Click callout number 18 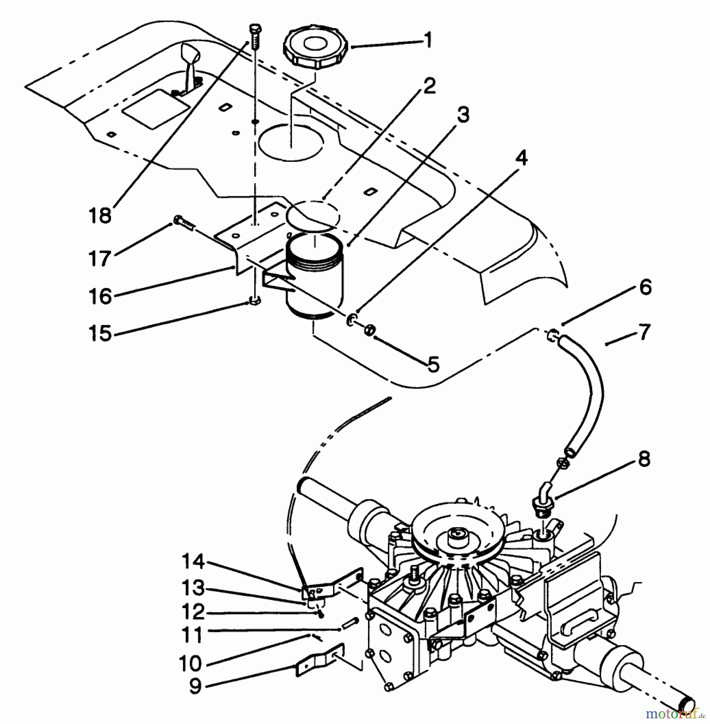click(x=100, y=216)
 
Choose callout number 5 click(x=432, y=364)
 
